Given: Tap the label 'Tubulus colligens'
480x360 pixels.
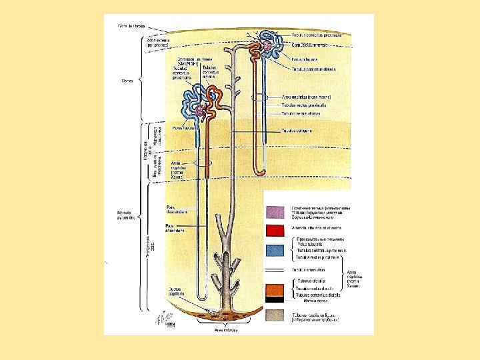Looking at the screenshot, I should point(297,130).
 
